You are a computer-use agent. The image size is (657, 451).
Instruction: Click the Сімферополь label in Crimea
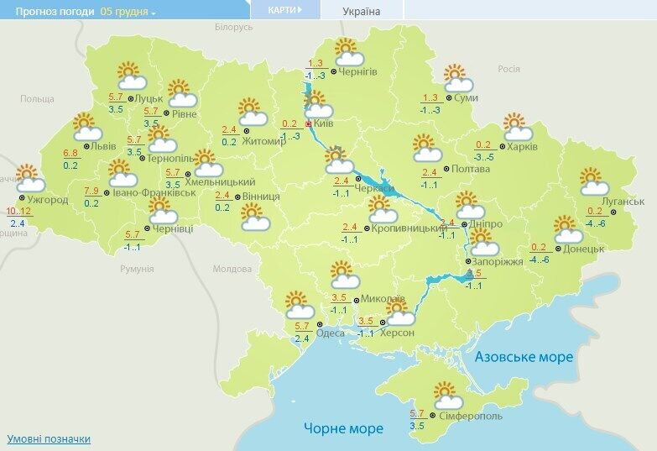(x=471, y=416)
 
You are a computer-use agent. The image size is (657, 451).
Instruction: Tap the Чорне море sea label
(x=343, y=428)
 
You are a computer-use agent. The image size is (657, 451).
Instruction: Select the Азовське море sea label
(x=524, y=357)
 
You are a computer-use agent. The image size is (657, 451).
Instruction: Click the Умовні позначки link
(x=48, y=439)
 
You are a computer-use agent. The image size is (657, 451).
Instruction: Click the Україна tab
(x=362, y=12)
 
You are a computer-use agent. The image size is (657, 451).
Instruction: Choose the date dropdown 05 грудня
(x=128, y=12)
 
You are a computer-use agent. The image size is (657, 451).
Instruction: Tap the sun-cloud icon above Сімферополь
(x=446, y=394)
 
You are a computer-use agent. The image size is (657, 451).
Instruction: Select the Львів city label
(x=104, y=145)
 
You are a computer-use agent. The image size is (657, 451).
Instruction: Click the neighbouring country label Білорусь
(x=232, y=28)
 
